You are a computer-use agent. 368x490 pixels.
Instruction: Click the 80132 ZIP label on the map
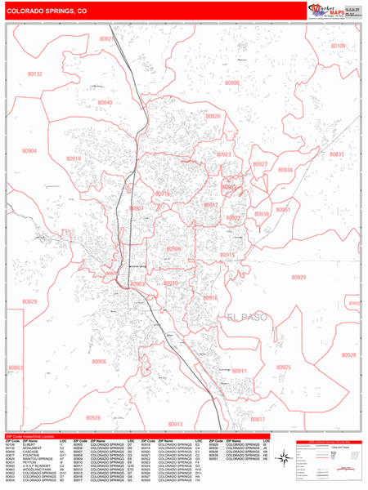[x=34, y=73]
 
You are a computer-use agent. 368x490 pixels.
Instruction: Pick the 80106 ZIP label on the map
[x=338, y=46]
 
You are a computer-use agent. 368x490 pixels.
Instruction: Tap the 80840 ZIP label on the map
[x=105, y=102]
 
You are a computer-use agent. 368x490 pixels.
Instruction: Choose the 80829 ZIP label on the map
[x=29, y=301]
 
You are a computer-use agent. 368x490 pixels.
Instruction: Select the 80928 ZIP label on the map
[x=349, y=355]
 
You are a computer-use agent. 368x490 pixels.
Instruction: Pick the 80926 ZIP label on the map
[x=92, y=417]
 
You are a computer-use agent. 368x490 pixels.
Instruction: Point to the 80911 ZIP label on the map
[x=239, y=371]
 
